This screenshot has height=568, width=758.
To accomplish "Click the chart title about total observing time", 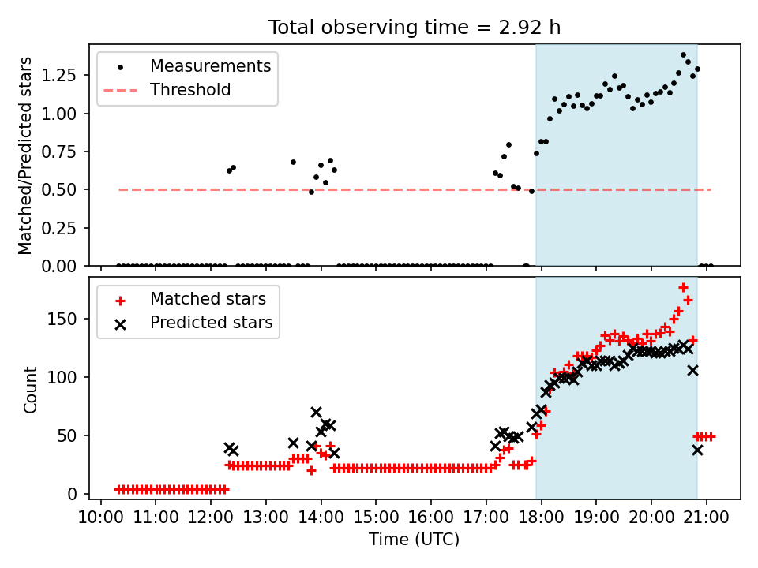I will pyautogui.click(x=415, y=28).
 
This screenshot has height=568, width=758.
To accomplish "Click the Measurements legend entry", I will pyautogui.click(x=210, y=65).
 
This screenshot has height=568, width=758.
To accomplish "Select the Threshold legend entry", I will pyautogui.click(x=190, y=90).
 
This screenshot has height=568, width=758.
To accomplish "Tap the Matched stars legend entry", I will pyautogui.click(x=208, y=299).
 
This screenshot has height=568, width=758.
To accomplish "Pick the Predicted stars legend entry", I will pyautogui.click(x=211, y=323).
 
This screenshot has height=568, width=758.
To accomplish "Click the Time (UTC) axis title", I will pyautogui.click(x=414, y=540).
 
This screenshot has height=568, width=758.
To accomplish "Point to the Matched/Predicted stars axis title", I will pyautogui.click(x=25, y=155).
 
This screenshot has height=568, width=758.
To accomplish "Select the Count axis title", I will pyautogui.click(x=31, y=390).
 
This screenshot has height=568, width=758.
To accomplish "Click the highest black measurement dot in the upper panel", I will pyautogui.click(x=683, y=55).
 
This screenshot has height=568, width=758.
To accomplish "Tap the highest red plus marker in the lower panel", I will pyautogui.click(x=683, y=287).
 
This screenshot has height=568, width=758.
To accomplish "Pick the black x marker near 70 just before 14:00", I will pyautogui.click(x=316, y=412).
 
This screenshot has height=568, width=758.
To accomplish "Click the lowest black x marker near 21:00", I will pyautogui.click(x=697, y=450).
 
